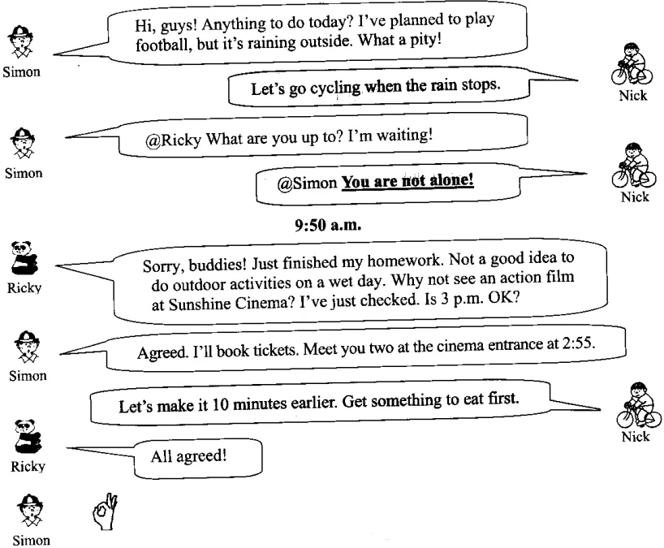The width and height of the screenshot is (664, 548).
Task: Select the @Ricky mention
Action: click(173, 137)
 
